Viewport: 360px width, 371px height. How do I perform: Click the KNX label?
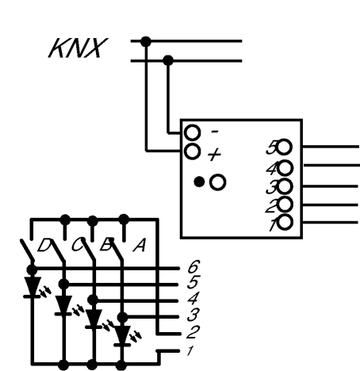pos(78,48)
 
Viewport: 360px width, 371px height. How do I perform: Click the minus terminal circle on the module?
pos(192,133)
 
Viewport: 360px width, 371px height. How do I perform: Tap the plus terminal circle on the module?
pos(192,151)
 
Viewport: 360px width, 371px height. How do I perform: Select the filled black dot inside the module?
pos(199,182)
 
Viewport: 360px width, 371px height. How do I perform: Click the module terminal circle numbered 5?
pos(284,147)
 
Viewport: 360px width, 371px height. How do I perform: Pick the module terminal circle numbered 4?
pos(285,168)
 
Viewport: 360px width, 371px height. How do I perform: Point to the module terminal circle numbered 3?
pos(285,186)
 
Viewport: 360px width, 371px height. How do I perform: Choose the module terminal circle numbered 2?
pos(285,205)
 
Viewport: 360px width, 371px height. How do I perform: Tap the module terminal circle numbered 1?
pos(285,222)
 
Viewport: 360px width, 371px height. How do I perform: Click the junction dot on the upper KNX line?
pos(146,41)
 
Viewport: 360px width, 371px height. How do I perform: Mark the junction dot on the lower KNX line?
pos(168,60)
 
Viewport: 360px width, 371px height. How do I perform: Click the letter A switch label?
pos(140,246)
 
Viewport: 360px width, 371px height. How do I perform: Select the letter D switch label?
pos(44,245)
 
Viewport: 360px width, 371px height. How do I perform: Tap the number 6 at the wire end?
pos(193,267)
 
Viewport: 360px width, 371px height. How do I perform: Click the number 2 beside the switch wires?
pos(193,332)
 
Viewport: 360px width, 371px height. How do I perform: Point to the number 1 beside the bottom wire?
pos(190,351)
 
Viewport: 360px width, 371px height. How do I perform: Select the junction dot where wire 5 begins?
pos(63,285)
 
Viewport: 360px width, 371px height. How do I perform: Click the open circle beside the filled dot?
pos(218,182)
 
